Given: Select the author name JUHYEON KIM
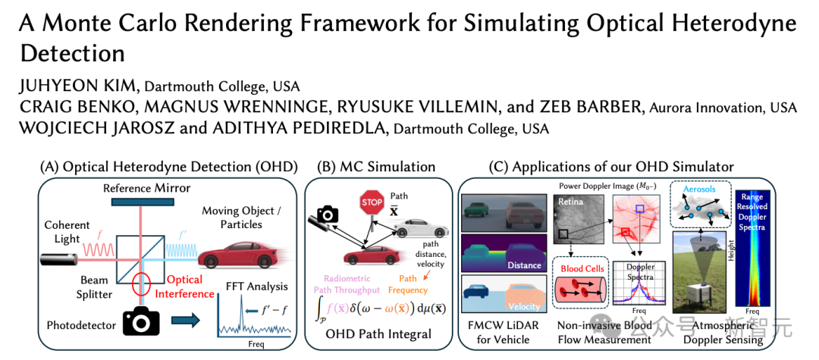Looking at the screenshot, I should click(x=78, y=85).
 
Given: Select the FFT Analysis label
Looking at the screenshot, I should click(x=256, y=286).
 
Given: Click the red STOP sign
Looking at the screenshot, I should click(x=372, y=202).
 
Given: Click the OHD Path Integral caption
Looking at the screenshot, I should click(x=378, y=334).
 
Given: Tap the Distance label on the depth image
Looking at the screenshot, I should click(x=526, y=265).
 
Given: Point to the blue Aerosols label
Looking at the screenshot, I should click(x=698, y=189).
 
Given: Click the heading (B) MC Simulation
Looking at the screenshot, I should click(x=378, y=166).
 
